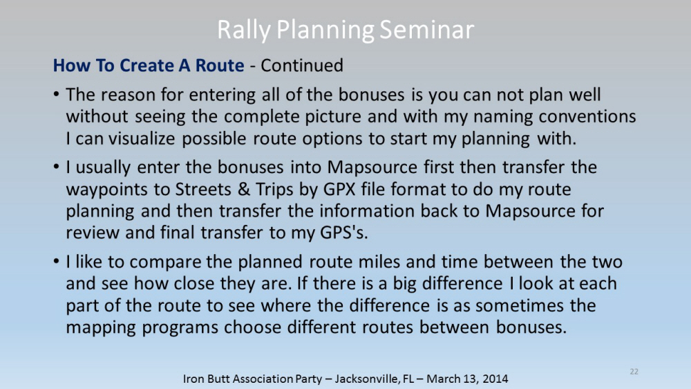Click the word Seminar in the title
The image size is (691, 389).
tap(426, 30)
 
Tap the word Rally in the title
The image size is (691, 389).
tap(244, 30)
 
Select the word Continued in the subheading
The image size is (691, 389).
tap(302, 65)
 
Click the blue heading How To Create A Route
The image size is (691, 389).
tap(149, 65)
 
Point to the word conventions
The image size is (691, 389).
tap(587, 116)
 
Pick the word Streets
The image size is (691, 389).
tap(204, 190)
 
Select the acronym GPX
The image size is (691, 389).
tap(339, 190)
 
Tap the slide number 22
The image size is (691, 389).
tap(634, 372)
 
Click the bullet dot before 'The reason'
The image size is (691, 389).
tap(57, 95)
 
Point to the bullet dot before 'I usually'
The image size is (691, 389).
tap(57, 168)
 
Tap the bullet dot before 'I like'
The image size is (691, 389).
tap(57, 262)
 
